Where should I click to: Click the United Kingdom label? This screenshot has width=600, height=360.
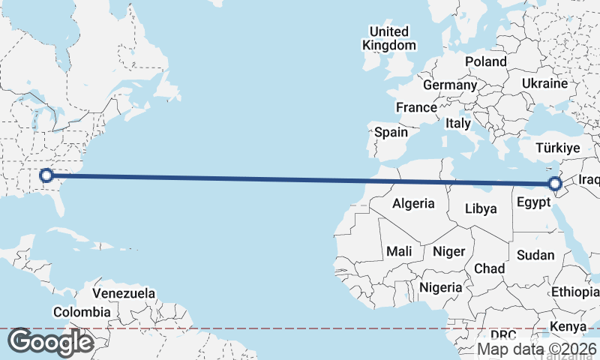388,38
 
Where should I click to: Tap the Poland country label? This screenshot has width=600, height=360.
485,61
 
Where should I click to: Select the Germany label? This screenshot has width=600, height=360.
450,85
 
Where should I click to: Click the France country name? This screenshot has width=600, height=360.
416,107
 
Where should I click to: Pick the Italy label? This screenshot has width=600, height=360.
458,123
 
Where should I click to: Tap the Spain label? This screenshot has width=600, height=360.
391,133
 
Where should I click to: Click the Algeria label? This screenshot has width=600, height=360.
414,203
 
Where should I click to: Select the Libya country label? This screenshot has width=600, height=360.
481,208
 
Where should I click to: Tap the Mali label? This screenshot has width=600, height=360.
399,252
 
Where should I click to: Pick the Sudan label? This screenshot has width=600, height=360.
535,255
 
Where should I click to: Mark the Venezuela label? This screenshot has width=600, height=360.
124,292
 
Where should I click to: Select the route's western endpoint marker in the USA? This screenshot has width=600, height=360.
46,175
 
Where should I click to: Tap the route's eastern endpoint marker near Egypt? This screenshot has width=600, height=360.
555,184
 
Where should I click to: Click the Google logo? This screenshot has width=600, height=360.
50,342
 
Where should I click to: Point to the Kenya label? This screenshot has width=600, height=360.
568,326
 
